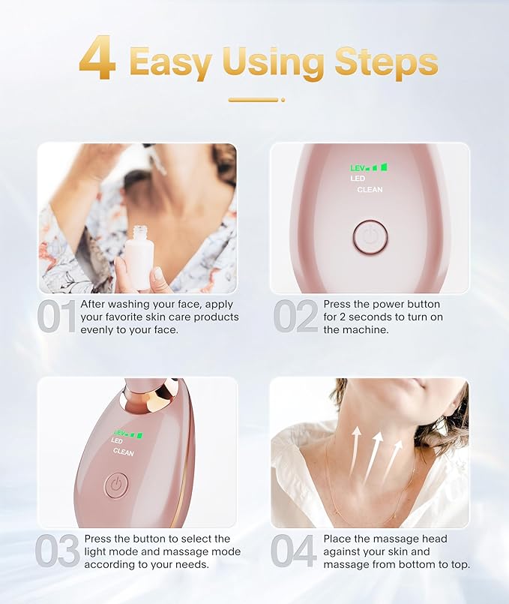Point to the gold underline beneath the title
[x=254, y=99]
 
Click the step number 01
[x=57, y=317]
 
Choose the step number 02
[x=295, y=317]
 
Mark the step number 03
[x=58, y=551]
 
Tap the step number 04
[x=294, y=551]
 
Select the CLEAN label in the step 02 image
[x=370, y=190]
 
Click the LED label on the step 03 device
[x=117, y=442]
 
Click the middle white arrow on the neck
[x=373, y=454]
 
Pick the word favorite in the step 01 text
[x=131, y=317]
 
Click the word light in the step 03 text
[x=100, y=551]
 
